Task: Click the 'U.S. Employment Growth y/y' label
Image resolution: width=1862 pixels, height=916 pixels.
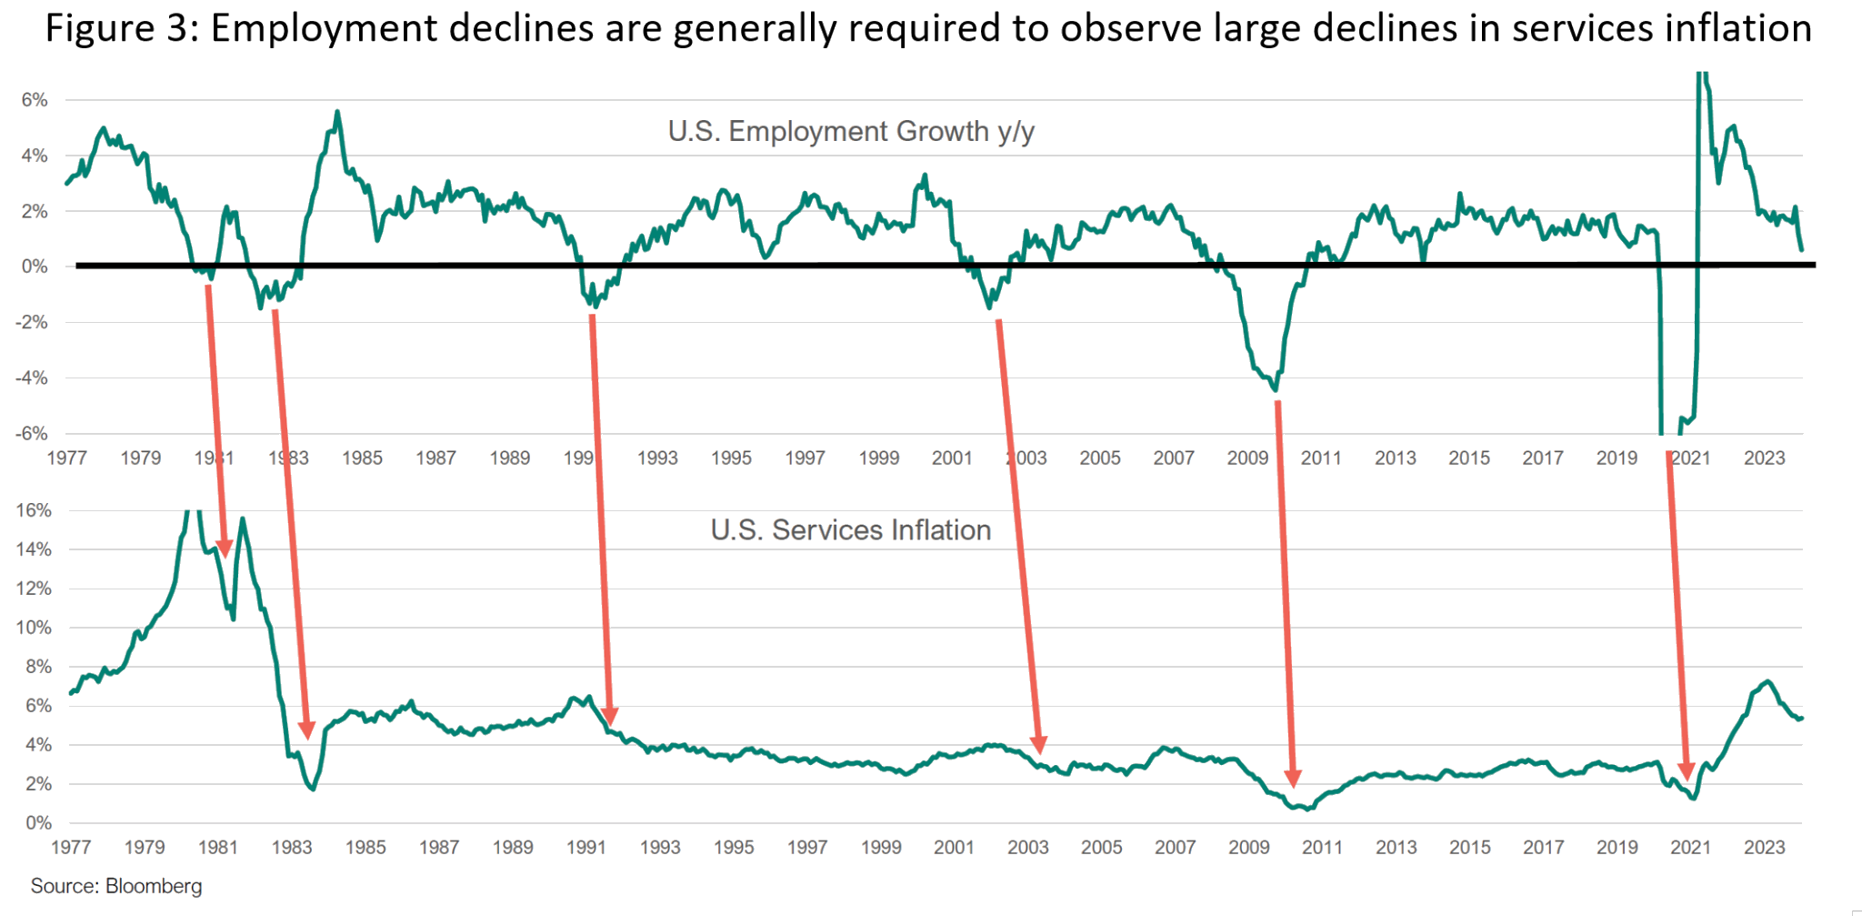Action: coord(851,132)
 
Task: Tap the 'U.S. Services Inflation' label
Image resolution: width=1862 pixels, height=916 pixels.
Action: coord(850,530)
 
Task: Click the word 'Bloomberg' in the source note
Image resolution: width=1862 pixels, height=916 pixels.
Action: coord(154,886)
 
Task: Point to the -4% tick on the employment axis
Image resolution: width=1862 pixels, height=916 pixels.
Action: coord(33,377)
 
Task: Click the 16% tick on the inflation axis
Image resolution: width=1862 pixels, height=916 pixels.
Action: coord(34,510)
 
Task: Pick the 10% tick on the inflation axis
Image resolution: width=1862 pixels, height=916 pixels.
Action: coord(34,628)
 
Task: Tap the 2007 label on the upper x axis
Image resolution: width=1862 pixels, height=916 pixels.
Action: coord(1173,458)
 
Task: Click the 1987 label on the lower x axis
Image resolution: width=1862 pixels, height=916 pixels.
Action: coord(438,848)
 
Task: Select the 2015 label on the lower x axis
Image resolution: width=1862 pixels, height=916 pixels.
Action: coord(1469,848)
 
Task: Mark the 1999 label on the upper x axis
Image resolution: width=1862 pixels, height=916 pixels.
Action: coord(878,458)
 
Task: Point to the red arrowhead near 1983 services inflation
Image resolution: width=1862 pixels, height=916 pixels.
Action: coord(306,730)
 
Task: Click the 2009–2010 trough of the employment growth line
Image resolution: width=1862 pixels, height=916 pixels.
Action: coord(1276,390)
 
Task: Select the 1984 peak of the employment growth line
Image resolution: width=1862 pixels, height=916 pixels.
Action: coord(337,112)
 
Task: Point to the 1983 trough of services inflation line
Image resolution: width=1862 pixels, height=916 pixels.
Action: coord(313,789)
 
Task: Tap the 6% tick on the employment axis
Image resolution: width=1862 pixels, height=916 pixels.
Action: coord(35,100)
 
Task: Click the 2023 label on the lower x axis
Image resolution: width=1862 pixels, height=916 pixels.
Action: coord(1764,848)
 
